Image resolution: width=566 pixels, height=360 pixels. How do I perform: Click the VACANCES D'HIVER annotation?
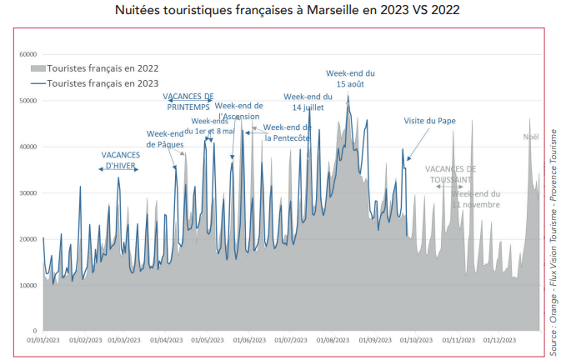pyautogui.click(x=120, y=160)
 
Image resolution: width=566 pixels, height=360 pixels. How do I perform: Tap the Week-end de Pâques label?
pyautogui.click(x=165, y=138)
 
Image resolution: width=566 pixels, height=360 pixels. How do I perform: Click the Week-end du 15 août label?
pyautogui.click(x=349, y=79)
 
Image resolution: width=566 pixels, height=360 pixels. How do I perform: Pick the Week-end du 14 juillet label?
pyautogui.click(x=308, y=102)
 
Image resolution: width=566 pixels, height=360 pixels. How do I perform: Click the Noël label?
pyautogui.click(x=531, y=137)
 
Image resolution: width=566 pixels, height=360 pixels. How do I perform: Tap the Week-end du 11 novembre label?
pyautogui.click(x=477, y=198)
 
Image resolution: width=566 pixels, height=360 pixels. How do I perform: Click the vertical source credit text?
pyautogui.click(x=554, y=242)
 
